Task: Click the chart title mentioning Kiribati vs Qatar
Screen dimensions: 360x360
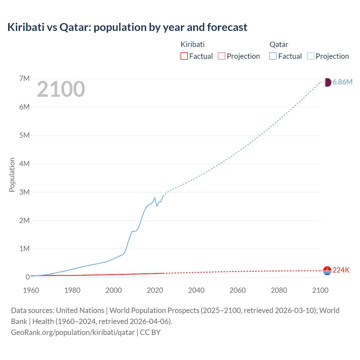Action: click(127, 27)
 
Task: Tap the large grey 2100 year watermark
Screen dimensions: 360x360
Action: click(61, 89)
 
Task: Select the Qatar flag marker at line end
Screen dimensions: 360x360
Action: click(327, 82)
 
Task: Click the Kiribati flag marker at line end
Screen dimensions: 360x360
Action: click(327, 271)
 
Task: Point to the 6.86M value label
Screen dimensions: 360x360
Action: click(342, 82)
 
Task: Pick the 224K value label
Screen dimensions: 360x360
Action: click(341, 270)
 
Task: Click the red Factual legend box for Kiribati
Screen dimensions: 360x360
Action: click(184, 56)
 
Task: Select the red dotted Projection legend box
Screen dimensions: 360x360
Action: click(222, 56)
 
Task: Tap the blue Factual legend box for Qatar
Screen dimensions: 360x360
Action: click(273, 56)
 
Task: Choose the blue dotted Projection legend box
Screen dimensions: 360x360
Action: click(310, 56)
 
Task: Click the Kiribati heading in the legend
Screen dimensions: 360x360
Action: click(192, 44)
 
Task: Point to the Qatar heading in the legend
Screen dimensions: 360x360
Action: click(279, 44)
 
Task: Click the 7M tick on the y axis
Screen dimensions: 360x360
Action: click(24, 78)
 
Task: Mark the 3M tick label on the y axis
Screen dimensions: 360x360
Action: click(24, 192)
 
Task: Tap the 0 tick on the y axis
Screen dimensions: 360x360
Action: click(28, 277)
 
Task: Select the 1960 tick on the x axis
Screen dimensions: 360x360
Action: click(31, 290)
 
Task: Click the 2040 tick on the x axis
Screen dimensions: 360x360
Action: click(196, 290)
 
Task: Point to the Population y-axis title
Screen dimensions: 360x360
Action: click(12, 175)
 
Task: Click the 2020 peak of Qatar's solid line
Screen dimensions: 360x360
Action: click(155, 198)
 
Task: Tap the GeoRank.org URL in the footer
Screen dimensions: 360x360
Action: click(73, 332)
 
